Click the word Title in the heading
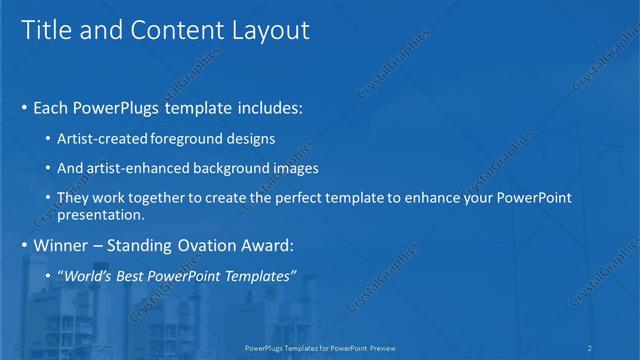[47, 31]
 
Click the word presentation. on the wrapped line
[101, 214]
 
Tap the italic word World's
[86, 275]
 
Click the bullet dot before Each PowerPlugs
[23, 106]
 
